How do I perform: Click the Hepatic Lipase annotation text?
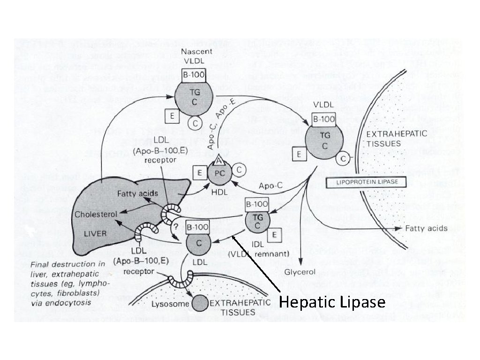point(332,302)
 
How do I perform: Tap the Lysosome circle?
point(201,304)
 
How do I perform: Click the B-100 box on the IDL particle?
point(256,204)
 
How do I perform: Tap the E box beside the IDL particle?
point(274,234)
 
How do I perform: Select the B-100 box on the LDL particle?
point(197,227)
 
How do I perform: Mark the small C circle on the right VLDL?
point(344,159)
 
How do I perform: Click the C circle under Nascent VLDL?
point(194,123)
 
